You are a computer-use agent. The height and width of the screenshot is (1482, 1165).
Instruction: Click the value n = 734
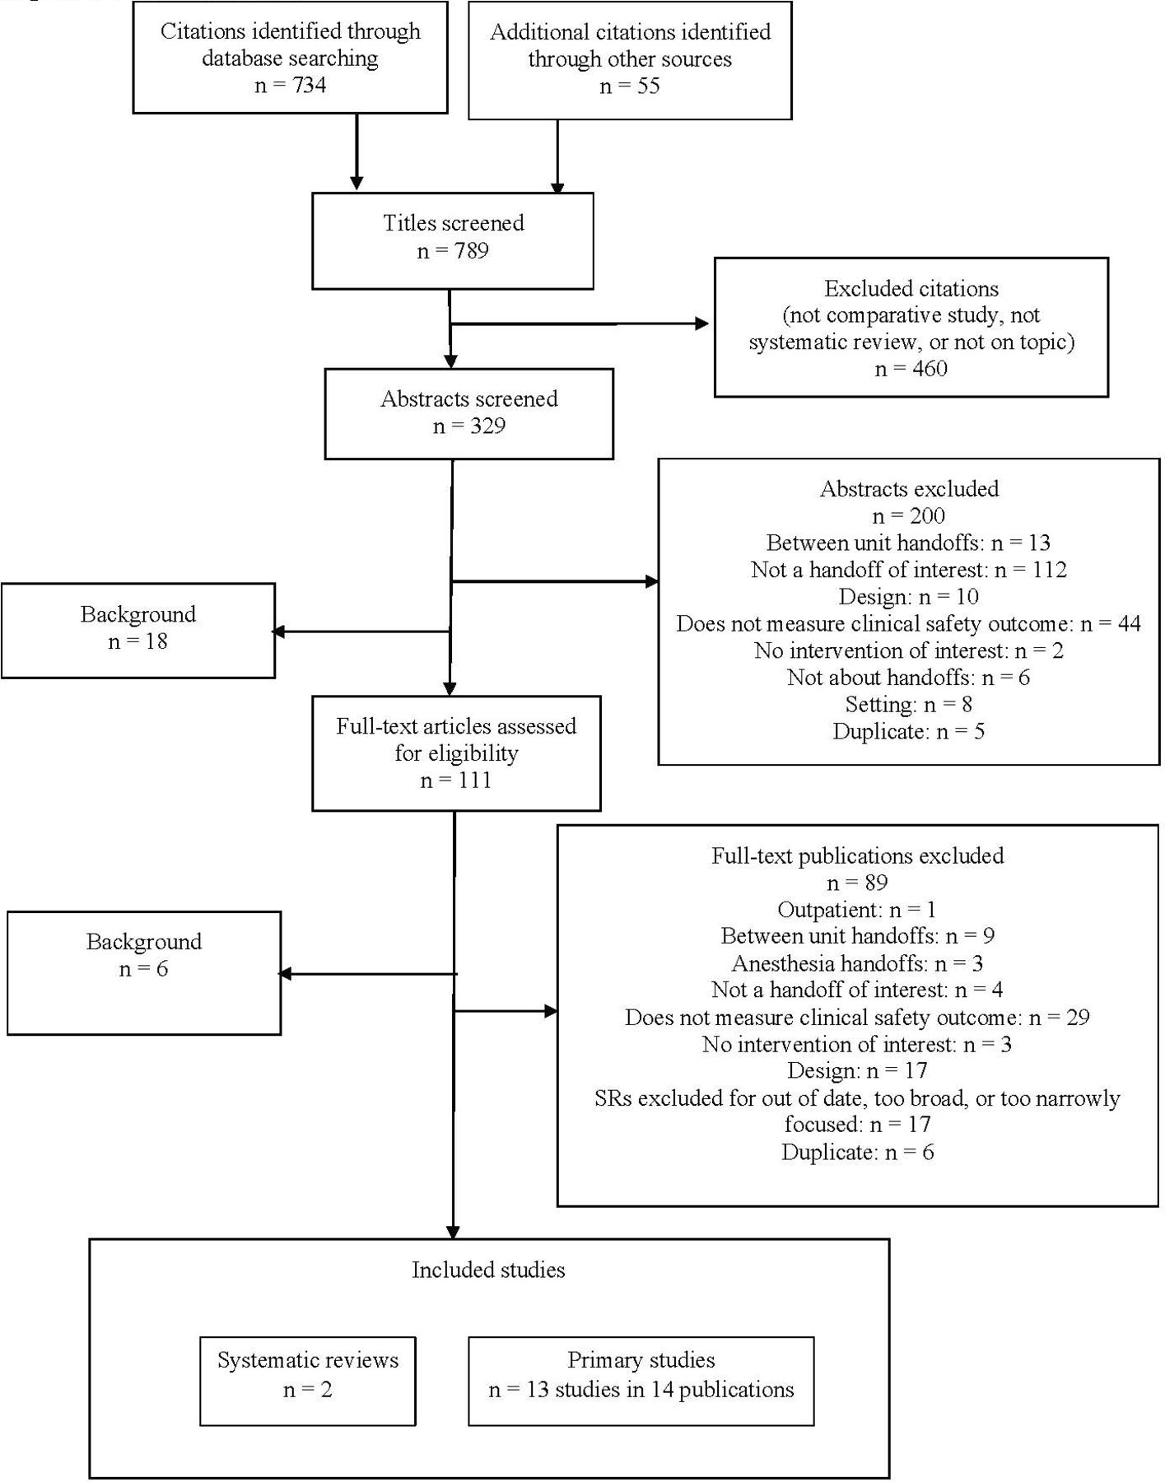(x=290, y=86)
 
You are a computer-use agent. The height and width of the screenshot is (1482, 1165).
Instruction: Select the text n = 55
(x=630, y=86)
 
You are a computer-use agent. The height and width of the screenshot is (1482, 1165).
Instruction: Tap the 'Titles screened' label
(x=453, y=223)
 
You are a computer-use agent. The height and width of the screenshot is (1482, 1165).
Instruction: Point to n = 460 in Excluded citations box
(x=911, y=368)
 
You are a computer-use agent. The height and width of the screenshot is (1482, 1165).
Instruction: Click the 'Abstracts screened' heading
(x=469, y=399)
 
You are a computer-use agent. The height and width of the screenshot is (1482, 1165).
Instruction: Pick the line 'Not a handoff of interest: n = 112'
(x=909, y=570)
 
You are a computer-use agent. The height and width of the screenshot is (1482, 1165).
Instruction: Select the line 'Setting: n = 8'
(x=909, y=705)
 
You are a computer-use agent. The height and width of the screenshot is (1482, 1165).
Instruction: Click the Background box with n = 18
(x=138, y=631)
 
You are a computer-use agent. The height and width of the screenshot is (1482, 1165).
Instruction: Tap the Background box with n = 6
(x=144, y=972)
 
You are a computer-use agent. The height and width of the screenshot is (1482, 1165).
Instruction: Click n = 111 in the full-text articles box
(x=456, y=781)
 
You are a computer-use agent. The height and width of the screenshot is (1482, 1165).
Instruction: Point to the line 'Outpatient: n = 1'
(x=857, y=910)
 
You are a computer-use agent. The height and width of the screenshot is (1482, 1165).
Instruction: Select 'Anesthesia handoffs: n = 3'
(x=857, y=963)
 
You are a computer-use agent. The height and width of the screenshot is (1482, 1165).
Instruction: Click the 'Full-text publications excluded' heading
(x=858, y=856)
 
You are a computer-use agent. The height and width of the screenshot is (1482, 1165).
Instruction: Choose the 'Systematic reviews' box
(x=308, y=1381)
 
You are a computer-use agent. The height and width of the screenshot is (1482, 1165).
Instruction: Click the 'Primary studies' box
(x=641, y=1381)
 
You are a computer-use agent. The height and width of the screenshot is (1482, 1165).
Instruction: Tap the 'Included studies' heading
(x=488, y=1270)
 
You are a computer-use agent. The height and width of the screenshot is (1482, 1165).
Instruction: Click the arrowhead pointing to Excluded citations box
(x=702, y=324)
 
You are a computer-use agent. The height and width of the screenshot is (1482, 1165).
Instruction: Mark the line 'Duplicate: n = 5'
(x=909, y=732)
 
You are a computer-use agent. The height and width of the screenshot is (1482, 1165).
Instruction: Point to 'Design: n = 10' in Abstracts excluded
(x=909, y=597)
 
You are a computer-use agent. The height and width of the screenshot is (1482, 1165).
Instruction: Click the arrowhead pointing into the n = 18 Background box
(x=278, y=631)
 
